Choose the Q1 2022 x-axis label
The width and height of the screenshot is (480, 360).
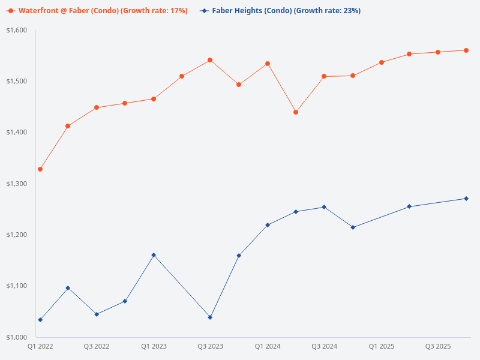(40, 347)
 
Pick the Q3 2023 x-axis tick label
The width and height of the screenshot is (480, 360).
(211, 347)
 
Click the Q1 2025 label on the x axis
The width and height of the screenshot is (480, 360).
(382, 347)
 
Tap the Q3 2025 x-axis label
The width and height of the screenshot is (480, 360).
(438, 347)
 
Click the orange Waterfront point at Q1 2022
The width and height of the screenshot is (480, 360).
(40, 169)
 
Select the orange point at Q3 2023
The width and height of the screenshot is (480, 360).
(210, 60)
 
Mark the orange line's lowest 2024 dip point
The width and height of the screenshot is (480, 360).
(296, 112)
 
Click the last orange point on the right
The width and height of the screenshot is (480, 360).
(466, 50)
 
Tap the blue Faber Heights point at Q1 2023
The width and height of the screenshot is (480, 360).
(154, 255)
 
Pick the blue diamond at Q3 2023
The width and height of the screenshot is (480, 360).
(210, 317)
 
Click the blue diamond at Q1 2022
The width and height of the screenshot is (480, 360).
(40, 320)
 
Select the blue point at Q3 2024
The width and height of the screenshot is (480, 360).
(324, 207)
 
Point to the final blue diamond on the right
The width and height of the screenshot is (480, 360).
(466, 199)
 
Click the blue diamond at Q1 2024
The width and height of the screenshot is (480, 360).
(268, 225)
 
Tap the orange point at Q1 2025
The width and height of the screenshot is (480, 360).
(382, 62)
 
